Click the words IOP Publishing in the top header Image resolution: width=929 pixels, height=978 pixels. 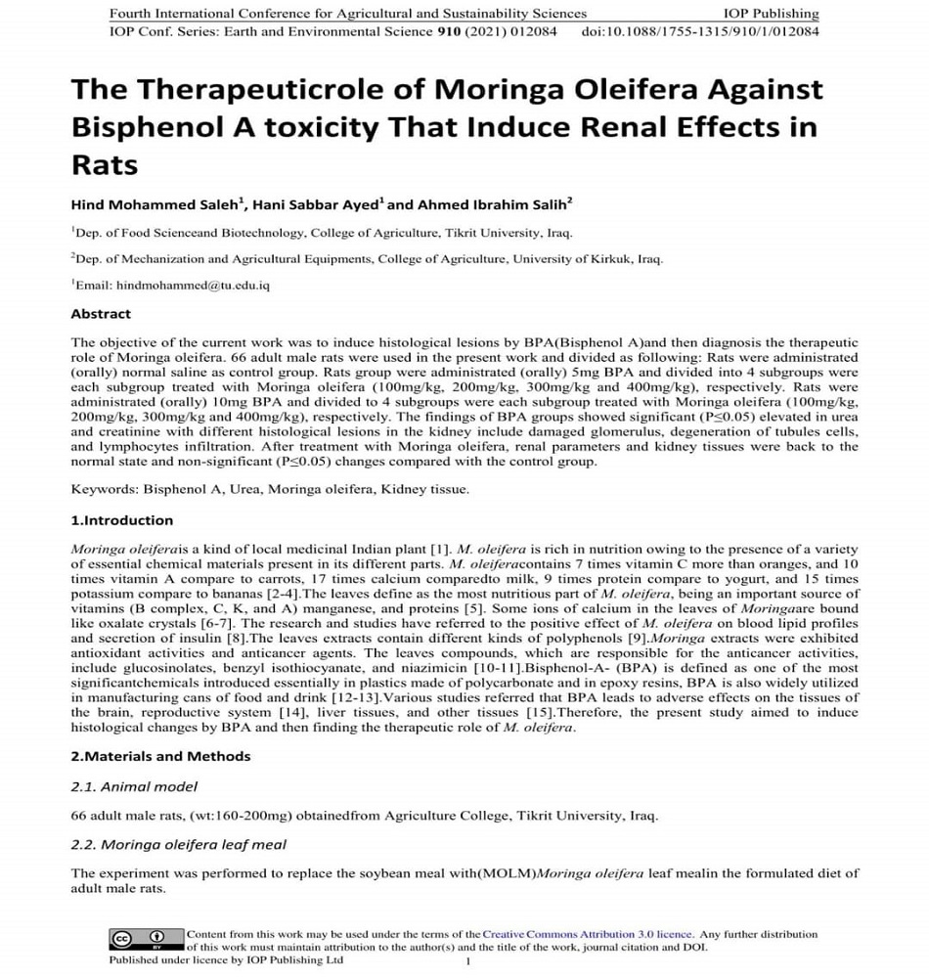click(771, 14)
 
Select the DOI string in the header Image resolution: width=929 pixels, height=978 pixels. click(700, 31)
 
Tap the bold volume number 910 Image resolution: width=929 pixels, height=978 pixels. click(448, 31)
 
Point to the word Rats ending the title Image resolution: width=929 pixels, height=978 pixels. click(104, 164)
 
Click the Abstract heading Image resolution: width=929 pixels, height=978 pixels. click(101, 314)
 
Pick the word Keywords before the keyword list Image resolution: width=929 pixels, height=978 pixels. click(104, 488)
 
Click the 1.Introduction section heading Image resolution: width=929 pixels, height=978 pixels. click(122, 520)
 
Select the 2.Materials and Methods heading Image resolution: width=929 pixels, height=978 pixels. click(160, 756)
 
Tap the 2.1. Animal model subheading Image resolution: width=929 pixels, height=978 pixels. click(135, 786)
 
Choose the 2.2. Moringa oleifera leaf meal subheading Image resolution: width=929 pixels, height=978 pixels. click(179, 844)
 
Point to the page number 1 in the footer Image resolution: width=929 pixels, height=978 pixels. click(468, 961)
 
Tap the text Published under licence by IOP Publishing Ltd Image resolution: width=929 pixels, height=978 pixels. click(226, 960)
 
